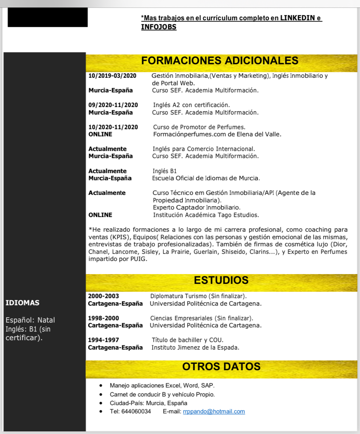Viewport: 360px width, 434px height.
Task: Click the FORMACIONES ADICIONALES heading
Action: click(220, 60)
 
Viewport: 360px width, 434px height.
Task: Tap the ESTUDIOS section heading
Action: click(221, 280)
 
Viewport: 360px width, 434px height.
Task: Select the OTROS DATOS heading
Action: click(221, 366)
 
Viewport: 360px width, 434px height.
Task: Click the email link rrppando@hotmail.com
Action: click(214, 411)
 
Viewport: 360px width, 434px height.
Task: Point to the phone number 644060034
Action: click(136, 411)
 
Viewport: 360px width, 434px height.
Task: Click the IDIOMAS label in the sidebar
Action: click(22, 303)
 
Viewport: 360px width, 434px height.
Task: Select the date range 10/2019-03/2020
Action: click(112, 76)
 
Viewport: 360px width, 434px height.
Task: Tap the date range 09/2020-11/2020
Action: click(113, 105)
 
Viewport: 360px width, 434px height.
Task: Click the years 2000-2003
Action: click(103, 296)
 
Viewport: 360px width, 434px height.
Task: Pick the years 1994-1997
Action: click(103, 340)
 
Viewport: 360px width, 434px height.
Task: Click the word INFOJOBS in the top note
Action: click(159, 27)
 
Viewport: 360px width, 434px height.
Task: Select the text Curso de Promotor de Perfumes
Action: click(199, 127)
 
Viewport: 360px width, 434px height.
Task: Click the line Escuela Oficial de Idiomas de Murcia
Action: click(206, 178)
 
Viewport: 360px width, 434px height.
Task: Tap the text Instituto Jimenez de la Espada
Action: click(195, 348)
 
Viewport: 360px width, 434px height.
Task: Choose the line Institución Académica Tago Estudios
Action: click(206, 215)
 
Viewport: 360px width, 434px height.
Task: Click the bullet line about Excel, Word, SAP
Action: click(162, 386)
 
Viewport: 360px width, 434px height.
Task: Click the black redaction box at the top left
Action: click(48, 17)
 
